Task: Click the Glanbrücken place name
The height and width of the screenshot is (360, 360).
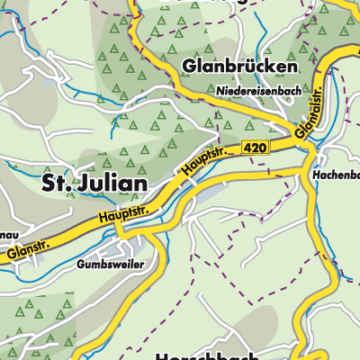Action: point(238,67)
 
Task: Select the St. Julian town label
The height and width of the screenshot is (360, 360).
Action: point(94,184)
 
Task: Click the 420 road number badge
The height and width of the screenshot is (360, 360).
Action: point(256,147)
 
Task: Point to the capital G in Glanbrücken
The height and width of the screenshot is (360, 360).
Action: point(189,67)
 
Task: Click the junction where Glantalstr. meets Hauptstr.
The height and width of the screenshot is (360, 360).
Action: point(301,142)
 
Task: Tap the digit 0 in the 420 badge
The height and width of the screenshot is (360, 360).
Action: point(263,147)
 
